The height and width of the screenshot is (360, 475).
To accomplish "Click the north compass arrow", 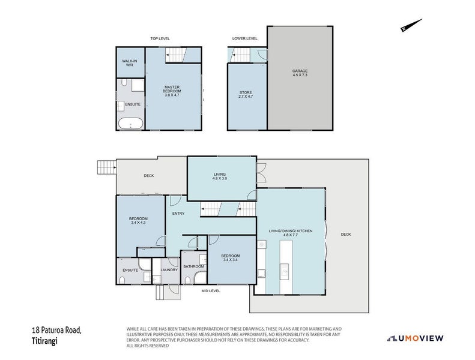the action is coord(411,25).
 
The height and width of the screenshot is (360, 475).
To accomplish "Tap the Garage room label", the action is coord(300,73).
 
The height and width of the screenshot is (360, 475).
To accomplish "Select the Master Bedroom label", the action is coord(172,91).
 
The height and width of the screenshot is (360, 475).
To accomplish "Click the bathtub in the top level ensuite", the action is coord(131,123).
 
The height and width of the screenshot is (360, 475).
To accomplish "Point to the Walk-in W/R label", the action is coord(130,63).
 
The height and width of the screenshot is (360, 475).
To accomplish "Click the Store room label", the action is coord(246,94).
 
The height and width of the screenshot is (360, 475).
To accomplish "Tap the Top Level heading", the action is coord(160,39).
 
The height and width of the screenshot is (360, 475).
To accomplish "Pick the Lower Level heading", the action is coord(245,39).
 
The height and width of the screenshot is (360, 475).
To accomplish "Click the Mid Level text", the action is coord(211,291).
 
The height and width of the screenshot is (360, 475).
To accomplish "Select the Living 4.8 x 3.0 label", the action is coord(220,176).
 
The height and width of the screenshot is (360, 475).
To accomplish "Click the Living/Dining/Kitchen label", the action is coord(291,233).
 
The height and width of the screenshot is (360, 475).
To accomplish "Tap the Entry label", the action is coord(178,214).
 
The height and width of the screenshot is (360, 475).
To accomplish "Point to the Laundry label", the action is coord(169,270).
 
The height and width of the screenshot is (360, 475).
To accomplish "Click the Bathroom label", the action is coord(193,266).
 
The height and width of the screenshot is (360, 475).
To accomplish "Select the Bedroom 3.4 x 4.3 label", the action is coord(139,220).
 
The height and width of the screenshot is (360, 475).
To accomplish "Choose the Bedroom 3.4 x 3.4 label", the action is coord(231,257).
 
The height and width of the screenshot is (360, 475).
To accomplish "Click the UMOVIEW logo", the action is coord(416,338).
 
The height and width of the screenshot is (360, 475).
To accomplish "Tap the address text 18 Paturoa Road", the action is coord(56,330).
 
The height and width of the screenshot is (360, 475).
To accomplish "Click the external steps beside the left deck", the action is coord(107,167).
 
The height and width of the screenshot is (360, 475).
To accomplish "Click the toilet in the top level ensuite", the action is coord(124,83).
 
